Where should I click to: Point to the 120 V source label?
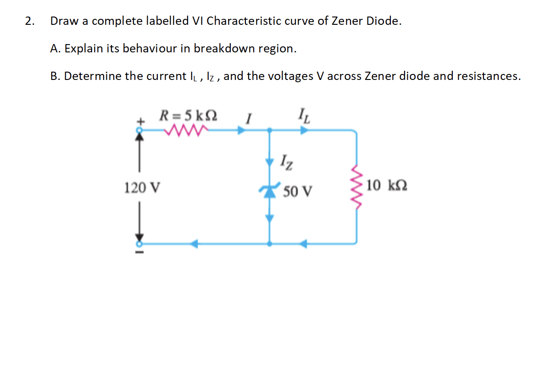(x=142, y=187)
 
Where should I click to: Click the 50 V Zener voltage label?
(x=298, y=191)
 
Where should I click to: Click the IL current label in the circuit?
(x=305, y=113)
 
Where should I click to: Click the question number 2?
(x=30, y=21)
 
